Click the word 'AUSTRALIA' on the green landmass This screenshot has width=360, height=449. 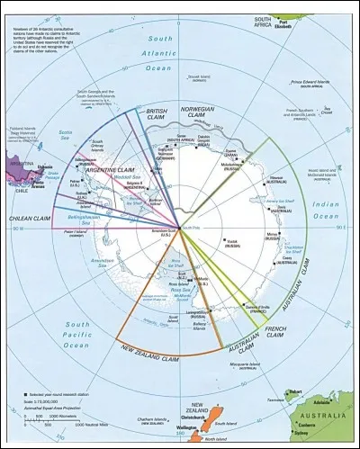[329, 417]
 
